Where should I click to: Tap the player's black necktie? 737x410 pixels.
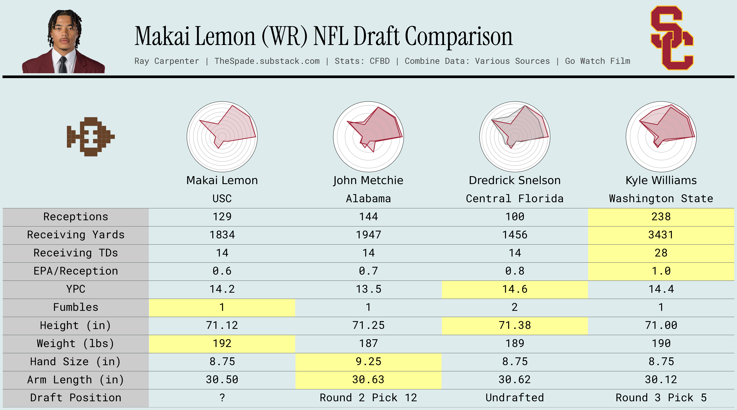coord(63,64)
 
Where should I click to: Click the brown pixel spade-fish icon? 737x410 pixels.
coord(90,137)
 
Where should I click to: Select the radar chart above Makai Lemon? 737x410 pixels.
coord(222,137)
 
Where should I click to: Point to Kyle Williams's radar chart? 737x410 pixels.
coord(661,137)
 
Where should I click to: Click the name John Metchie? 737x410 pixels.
coord(368,180)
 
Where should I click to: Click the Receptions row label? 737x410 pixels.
coord(76,217)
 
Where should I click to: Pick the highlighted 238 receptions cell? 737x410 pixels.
coord(661,217)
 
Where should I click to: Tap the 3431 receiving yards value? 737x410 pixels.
coord(661,235)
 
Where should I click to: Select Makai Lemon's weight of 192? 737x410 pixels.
coord(222,343)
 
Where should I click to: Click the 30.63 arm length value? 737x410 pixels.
coord(368,380)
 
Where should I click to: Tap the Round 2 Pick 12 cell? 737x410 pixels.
coord(368,398)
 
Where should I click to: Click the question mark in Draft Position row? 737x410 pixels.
coord(222,398)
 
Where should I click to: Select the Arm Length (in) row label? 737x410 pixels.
coord(76,380)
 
